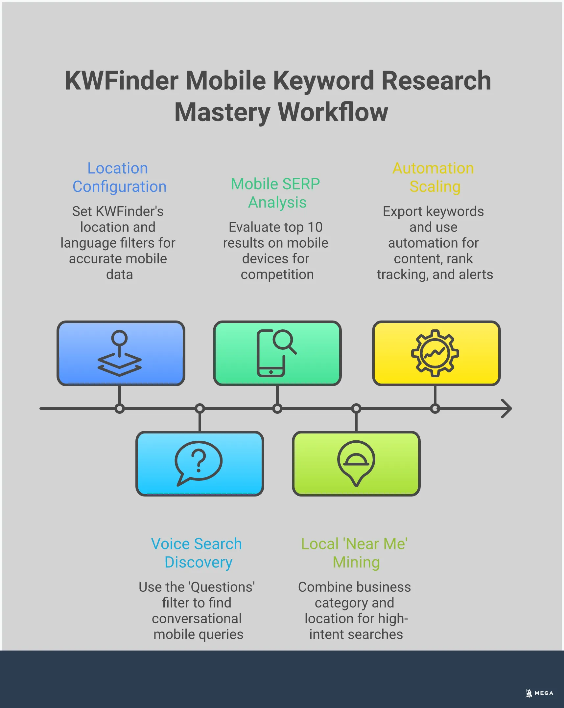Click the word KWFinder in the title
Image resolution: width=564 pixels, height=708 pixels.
[122, 81]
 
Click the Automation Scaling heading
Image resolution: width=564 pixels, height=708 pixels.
[434, 177]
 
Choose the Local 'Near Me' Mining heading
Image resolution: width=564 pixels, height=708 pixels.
[355, 553]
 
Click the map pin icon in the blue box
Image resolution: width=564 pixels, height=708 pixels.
[119, 353]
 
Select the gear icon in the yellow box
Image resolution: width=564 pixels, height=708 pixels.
[435, 353]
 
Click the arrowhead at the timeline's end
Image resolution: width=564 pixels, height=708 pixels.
[507, 409]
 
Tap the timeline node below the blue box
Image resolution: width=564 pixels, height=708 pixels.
[120, 409]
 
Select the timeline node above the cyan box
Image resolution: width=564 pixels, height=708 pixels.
[200, 409]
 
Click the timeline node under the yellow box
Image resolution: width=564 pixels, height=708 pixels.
[435, 409]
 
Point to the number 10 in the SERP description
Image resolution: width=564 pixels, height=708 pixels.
[315, 227]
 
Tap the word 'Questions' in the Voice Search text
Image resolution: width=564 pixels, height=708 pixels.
[222, 587]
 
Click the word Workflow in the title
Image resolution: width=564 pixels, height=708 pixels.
[333, 112]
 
